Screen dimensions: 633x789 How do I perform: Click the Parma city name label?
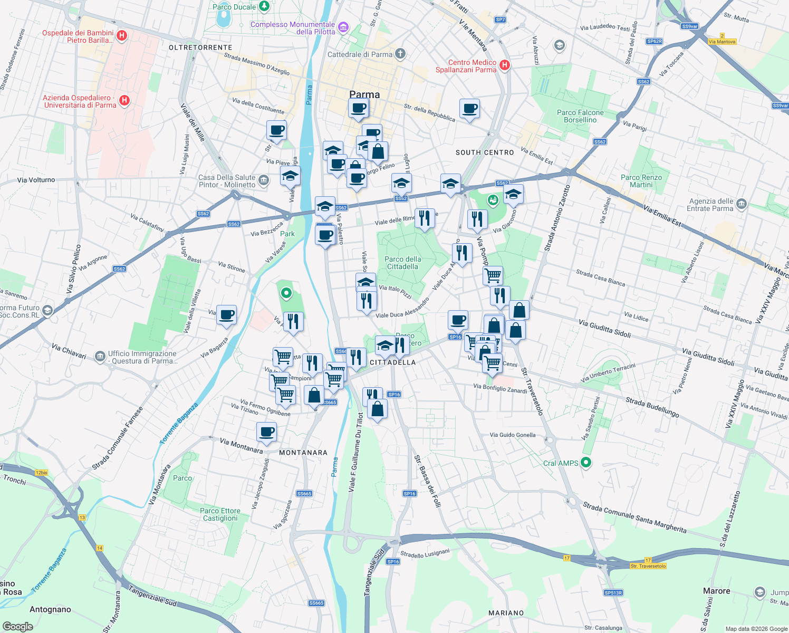coord(364,95)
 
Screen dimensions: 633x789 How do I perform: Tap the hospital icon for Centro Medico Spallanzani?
coord(505,65)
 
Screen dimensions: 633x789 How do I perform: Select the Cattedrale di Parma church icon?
coord(400,53)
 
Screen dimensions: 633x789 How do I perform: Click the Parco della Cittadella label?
coord(403,263)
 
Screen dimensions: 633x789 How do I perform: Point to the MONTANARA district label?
coord(303,453)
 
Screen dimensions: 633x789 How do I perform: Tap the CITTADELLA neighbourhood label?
coord(393,362)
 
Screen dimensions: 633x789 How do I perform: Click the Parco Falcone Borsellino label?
coord(580,116)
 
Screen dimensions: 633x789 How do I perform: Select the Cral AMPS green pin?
coord(585,463)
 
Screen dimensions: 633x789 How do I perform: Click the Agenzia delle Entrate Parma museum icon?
coord(741,204)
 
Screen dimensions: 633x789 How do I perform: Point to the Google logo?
coord(17,626)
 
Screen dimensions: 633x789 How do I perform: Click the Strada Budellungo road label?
coord(652,407)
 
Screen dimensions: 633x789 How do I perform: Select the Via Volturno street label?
coord(36,180)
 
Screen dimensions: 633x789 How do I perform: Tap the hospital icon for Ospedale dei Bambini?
coord(122,36)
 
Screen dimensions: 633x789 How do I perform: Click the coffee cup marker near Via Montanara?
coord(267,432)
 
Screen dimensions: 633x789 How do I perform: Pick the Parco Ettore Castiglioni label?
coord(220,514)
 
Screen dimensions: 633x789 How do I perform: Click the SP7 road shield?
coord(500,20)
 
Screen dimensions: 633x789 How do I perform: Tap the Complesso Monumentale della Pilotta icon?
coord(343,27)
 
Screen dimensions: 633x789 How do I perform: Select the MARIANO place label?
coord(506,613)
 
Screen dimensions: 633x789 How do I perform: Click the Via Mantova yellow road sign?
coord(722,42)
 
